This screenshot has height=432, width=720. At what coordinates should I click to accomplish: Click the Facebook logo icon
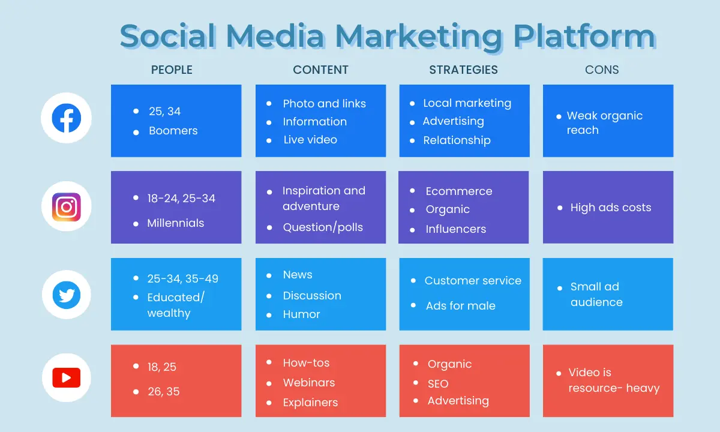[x=67, y=118]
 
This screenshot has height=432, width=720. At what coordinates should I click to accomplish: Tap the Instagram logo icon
[x=67, y=207]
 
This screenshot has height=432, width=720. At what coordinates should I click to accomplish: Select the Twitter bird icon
[x=67, y=295]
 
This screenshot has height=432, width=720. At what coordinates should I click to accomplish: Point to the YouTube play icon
[x=67, y=377]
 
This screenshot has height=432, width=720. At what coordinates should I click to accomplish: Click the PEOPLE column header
[x=172, y=70]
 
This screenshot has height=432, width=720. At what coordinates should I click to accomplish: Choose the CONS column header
[x=602, y=70]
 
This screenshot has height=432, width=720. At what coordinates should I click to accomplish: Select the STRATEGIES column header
[x=463, y=70]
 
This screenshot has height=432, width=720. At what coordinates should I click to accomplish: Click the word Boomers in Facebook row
[x=173, y=131]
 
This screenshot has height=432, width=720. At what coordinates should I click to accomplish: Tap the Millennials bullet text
[x=175, y=223]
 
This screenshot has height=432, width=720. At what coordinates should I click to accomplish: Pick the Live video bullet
[x=310, y=140]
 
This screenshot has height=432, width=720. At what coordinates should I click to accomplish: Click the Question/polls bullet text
[x=323, y=227]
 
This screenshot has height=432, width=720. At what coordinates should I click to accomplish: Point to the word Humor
[x=301, y=314]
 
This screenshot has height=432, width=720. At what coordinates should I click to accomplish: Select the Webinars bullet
[x=309, y=383]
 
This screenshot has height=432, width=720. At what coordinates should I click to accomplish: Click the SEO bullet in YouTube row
[x=438, y=384]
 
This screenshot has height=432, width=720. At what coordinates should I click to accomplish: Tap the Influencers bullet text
[x=456, y=229]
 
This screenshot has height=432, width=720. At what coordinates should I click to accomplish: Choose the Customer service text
[x=473, y=281]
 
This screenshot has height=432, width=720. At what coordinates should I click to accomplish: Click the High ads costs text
[x=611, y=208]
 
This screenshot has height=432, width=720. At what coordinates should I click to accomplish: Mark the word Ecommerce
[x=459, y=191]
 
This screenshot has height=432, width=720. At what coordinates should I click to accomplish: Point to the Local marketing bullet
[x=467, y=103]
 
